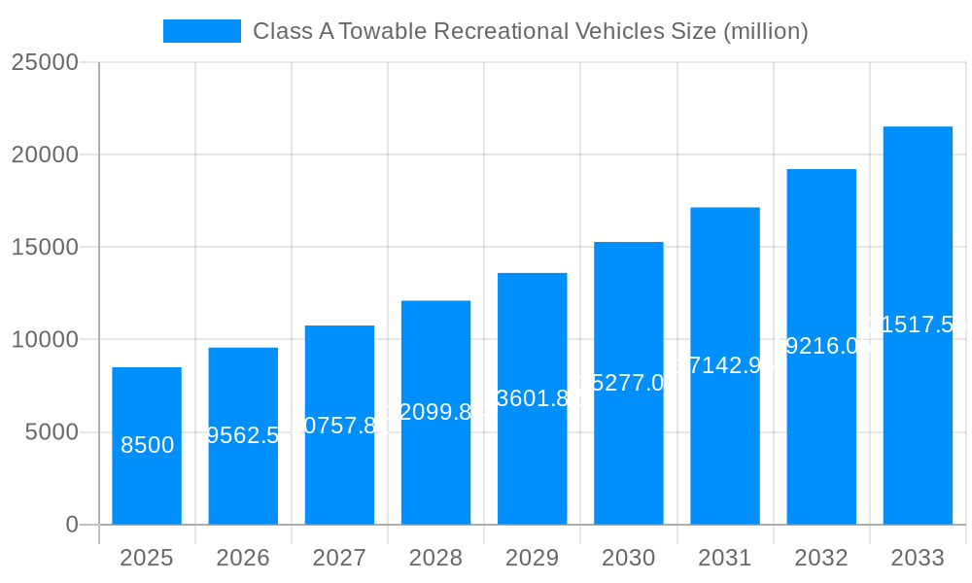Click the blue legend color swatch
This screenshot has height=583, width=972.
coord(201,31)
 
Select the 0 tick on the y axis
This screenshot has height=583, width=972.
coord(72,525)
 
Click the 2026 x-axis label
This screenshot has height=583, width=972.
coord(243,558)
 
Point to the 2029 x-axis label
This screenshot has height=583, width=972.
coord(532,558)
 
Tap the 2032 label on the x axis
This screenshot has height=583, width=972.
coord(821,558)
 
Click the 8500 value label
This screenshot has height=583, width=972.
coord(147,445)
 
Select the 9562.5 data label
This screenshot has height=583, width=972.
coord(243,435)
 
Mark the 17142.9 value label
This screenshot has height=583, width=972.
coord(725,365)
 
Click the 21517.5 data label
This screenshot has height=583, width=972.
coord(918,325)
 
